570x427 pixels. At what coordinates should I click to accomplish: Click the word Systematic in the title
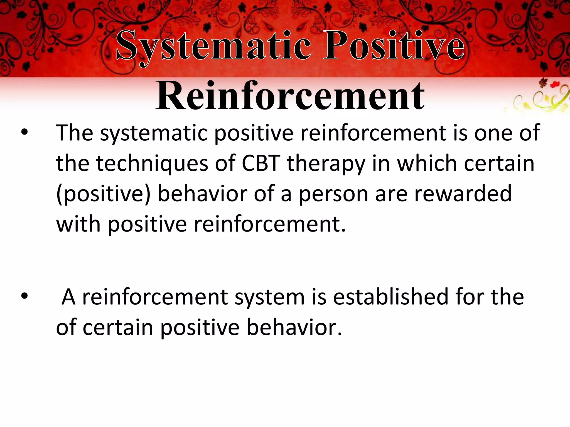tap(213, 46)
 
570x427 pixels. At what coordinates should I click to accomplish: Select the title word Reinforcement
tap(290, 96)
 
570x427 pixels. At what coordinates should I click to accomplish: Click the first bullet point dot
tap(24, 133)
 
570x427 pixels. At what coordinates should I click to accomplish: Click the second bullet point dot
tap(24, 297)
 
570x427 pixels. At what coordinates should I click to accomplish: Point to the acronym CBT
tap(261, 163)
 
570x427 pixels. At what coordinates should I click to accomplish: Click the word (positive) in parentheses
tap(103, 194)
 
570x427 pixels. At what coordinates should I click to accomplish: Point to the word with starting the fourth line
tap(78, 224)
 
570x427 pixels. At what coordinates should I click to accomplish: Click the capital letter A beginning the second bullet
tap(68, 297)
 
